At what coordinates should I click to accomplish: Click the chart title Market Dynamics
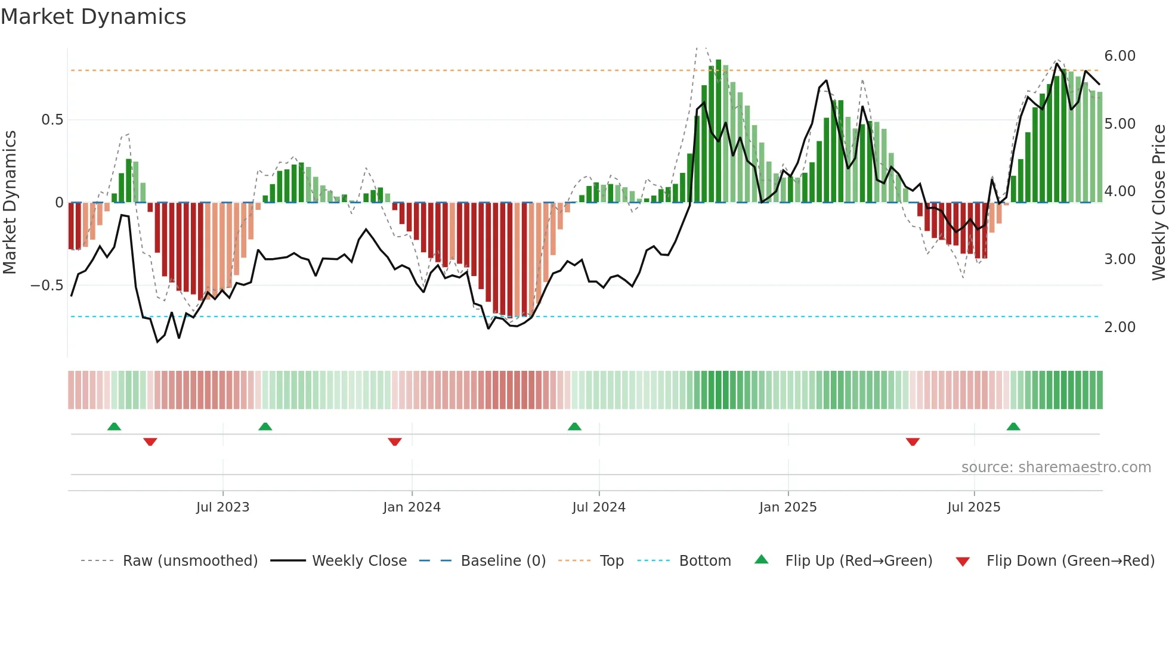pos(94,17)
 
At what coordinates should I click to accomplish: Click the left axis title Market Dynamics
pos(10,203)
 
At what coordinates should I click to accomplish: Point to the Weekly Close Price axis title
pos(1158,203)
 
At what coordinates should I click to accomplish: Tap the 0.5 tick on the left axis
pos(52,120)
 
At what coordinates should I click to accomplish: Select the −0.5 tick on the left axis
pos(47,286)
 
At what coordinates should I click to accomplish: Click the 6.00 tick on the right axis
pos(1119,56)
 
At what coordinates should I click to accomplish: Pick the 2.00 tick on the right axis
pos(1119,327)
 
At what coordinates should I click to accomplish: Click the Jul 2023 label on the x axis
pos(222,507)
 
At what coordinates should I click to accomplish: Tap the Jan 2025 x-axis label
pos(787,507)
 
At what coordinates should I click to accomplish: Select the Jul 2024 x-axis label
pos(599,507)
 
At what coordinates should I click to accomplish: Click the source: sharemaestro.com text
pos(1056,467)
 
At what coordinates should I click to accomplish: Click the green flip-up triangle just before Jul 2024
pos(574,427)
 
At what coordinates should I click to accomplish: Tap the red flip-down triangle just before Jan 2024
pos(395,442)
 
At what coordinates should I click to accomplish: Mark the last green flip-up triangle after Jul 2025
pos(1013,427)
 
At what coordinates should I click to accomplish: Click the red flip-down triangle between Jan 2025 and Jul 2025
pos(913,442)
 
